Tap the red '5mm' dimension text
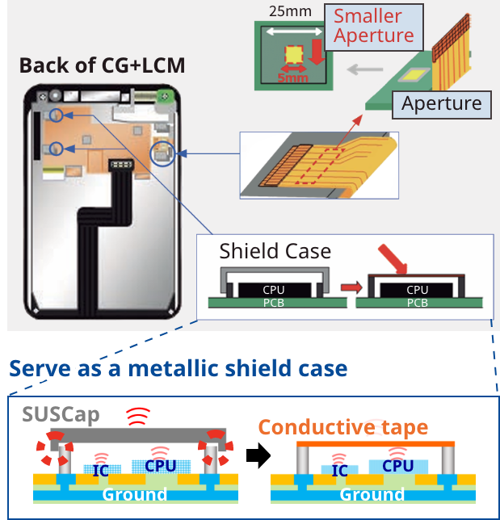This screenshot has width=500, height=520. [292, 78]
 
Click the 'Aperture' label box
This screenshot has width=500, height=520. [441, 103]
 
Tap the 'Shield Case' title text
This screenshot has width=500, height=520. [275, 251]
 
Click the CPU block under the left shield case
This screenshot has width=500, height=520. [274, 289]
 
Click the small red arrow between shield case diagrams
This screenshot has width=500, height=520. [349, 287]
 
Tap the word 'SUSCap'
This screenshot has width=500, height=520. [61, 415]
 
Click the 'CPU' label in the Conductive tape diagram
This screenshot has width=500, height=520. [397, 466]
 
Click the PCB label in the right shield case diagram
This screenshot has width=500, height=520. [417, 303]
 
